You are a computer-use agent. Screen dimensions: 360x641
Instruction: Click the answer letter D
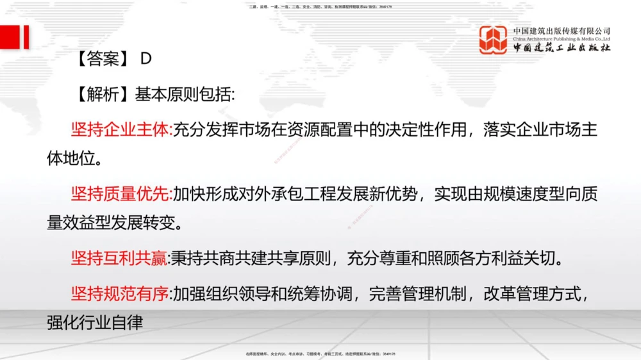(x=146, y=59)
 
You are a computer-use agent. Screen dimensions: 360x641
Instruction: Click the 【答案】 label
(x=98, y=59)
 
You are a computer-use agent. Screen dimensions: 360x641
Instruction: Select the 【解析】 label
(x=98, y=94)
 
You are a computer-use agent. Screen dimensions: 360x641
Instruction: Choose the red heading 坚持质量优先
(x=120, y=193)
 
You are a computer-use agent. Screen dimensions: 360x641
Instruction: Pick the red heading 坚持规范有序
(x=120, y=294)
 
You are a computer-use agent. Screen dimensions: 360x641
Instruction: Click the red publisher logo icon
(x=494, y=39)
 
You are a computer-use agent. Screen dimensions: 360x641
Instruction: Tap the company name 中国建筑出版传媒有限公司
(x=562, y=31)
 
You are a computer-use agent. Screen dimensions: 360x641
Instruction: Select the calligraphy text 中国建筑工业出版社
(x=562, y=48)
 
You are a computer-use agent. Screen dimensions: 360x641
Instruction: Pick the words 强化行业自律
(x=94, y=322)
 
